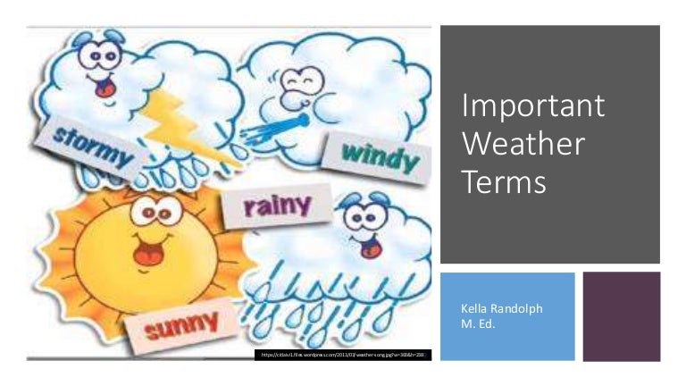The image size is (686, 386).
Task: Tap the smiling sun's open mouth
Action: [145, 256]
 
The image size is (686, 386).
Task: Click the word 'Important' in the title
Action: [533, 106]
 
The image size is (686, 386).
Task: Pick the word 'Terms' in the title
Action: [504, 181]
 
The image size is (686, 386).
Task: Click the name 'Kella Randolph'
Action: [501, 309]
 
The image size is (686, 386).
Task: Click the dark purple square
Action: [622, 316]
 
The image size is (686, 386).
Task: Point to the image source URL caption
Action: [345, 356]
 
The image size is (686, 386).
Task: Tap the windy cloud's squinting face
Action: [298, 84]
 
